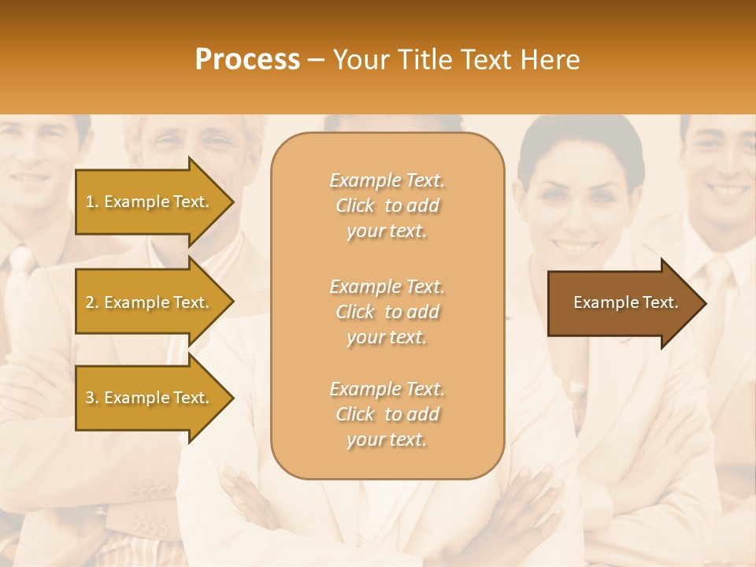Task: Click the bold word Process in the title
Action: pyautogui.click(x=247, y=60)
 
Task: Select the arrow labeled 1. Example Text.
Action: pyautogui.click(x=150, y=202)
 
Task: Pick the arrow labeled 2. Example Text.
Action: pyautogui.click(x=150, y=302)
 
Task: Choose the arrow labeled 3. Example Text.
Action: pyautogui.click(x=150, y=398)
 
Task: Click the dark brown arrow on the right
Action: pyautogui.click(x=622, y=302)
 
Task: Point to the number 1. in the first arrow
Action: pyautogui.click(x=92, y=202)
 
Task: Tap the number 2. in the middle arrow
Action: pyautogui.click(x=92, y=302)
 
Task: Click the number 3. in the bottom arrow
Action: pyautogui.click(x=92, y=398)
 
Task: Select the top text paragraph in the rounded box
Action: pyautogui.click(x=387, y=206)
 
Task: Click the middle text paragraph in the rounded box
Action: pyautogui.click(x=387, y=312)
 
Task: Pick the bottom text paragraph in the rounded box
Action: pyautogui.click(x=387, y=414)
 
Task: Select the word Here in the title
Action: pyautogui.click(x=554, y=60)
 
